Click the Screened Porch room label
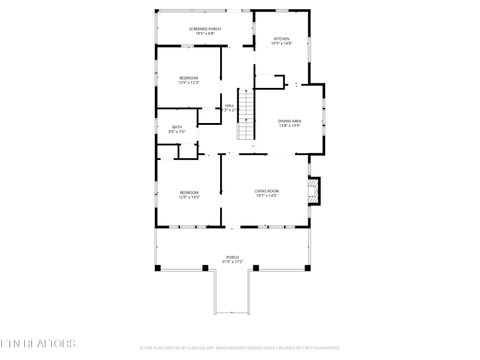(205, 29)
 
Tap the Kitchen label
(282, 39)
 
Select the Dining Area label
(290, 121)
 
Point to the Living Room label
(266, 191)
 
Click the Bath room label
(177, 126)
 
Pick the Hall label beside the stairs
(229, 105)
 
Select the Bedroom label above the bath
(189, 78)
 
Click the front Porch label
(232, 257)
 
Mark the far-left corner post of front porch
(157, 268)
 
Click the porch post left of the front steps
(208, 268)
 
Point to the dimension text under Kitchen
(282, 44)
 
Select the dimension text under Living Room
(266, 196)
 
